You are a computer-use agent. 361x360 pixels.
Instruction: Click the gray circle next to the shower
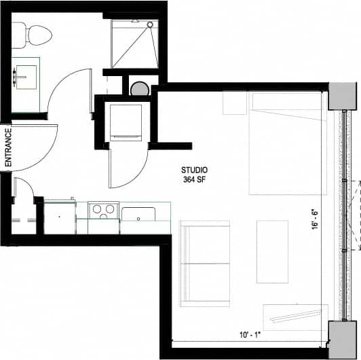pos(140,88)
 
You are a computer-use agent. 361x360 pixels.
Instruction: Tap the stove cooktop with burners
pos(104,210)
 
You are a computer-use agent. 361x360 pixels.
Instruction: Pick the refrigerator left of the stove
pos(60,216)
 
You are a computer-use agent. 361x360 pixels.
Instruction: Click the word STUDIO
pos(194,170)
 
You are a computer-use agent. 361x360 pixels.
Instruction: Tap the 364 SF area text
pos(194,180)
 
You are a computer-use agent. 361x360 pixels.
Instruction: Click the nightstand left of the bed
pos(235,103)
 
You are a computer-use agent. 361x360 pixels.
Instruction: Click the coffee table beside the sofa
pos(271,251)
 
